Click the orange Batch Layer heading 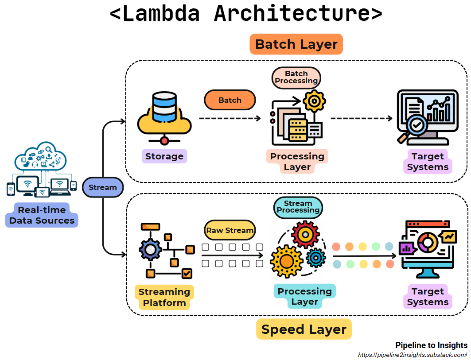coord(296,44)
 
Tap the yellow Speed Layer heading coord(304,329)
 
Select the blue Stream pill coord(102,187)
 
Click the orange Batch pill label coord(230,100)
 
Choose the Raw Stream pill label coord(230,230)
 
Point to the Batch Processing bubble coord(296,77)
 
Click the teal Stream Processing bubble coord(298,207)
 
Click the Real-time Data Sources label coord(42,215)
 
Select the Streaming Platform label coord(164,297)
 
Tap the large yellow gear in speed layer coord(286,261)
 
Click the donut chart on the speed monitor coord(427,242)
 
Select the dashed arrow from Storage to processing coord(230,118)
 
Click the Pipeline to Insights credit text coord(431,345)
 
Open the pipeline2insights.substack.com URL coord(412,355)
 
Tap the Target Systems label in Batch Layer coord(428,162)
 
